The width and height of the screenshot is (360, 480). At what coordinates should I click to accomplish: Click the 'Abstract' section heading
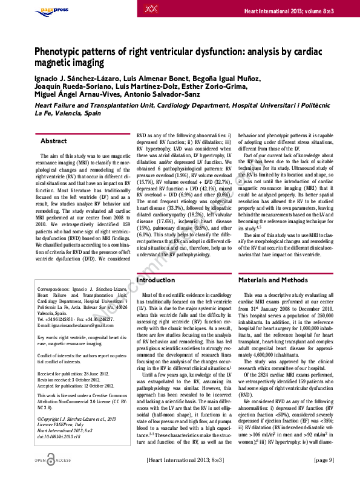[53, 141]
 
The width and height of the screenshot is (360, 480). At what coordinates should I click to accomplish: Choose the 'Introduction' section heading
[156, 281]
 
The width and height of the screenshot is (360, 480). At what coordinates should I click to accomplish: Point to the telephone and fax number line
[78, 319]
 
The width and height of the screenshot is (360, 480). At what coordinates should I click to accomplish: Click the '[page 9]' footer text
[325, 461]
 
